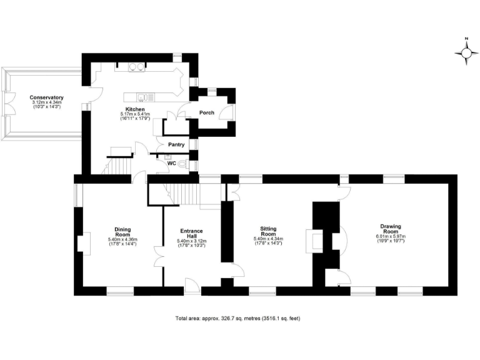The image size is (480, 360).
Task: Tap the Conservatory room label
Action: [x=47, y=97]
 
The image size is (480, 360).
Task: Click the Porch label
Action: [x=206, y=112]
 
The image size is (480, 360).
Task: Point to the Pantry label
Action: [x=176, y=145]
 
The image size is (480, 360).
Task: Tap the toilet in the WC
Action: [x=182, y=164]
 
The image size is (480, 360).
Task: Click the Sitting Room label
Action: [x=268, y=231]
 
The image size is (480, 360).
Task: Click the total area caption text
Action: [x=237, y=318]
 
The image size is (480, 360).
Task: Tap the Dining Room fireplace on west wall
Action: [x=82, y=242]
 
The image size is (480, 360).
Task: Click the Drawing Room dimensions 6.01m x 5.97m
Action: [x=391, y=236]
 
